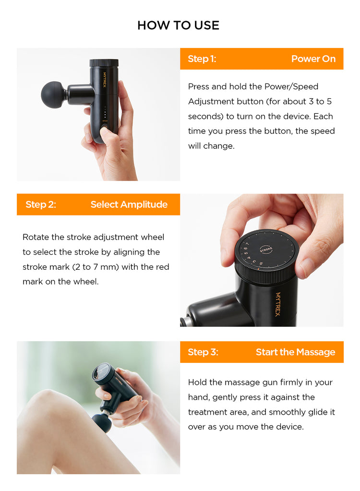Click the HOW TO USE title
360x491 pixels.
pyautogui.click(x=178, y=25)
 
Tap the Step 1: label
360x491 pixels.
pyautogui.click(x=202, y=59)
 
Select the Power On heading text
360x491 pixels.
pyautogui.click(x=313, y=59)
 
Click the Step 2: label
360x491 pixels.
pyautogui.click(x=41, y=204)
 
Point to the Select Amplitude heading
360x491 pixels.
pyautogui.click(x=129, y=205)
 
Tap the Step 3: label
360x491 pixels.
pyautogui.click(x=203, y=352)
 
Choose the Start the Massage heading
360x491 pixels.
pyautogui.click(x=296, y=352)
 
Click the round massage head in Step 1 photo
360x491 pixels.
pyautogui.click(x=53, y=95)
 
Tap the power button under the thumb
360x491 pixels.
pyautogui.click(x=104, y=128)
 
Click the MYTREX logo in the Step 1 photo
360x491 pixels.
pyautogui.click(x=105, y=80)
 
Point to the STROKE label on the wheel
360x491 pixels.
pyautogui.click(x=266, y=250)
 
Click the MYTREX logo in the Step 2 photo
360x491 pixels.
pyautogui.click(x=277, y=304)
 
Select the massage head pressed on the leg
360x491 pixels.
pyautogui.click(x=102, y=422)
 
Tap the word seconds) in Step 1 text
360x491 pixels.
pyautogui.click(x=205, y=117)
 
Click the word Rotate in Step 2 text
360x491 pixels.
pyautogui.click(x=36, y=237)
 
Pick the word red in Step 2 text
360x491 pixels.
pyautogui.click(x=162, y=267)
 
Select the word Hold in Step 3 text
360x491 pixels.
pyautogui.click(x=197, y=383)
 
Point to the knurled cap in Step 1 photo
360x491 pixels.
pyautogui.click(x=104, y=62)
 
